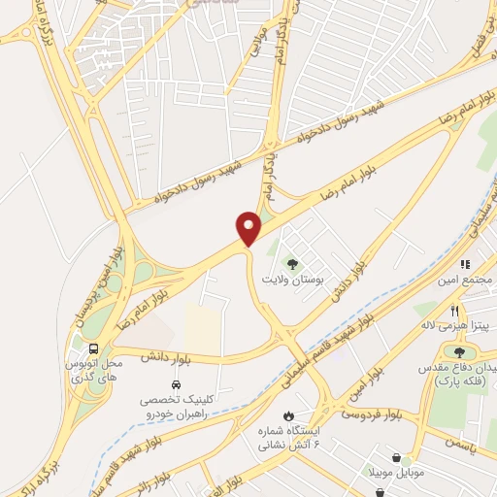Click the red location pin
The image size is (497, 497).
249,228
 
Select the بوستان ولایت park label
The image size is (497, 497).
290,279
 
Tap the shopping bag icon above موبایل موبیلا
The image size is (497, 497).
398,457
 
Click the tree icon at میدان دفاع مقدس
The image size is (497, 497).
459,353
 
